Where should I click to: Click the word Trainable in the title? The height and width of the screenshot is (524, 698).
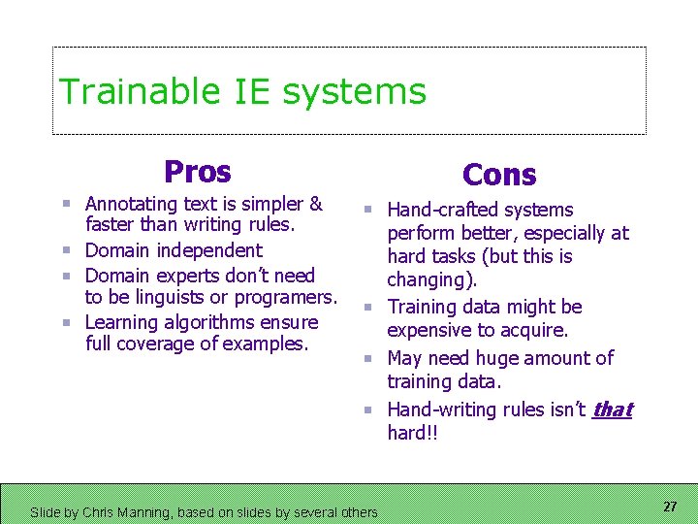140,91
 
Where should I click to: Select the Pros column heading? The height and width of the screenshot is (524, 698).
198,172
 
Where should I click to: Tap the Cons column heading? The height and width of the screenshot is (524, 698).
499,175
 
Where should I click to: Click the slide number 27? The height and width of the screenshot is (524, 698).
669,507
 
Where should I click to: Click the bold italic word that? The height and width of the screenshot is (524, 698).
612,409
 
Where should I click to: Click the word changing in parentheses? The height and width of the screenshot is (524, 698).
428,280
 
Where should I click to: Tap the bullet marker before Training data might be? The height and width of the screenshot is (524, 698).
368,308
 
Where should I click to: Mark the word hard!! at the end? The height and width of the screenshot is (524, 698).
412,434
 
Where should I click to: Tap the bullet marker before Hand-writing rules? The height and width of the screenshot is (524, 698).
368,410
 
